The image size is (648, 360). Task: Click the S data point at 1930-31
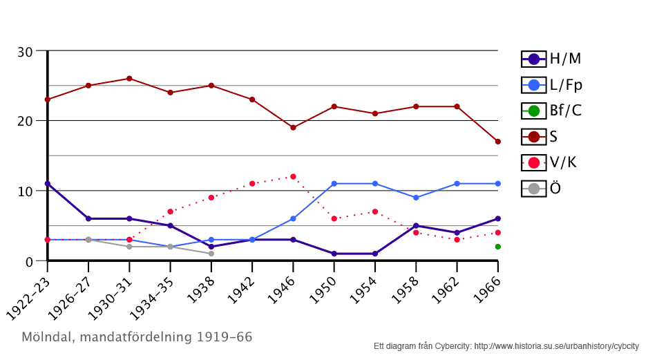tap(129, 78)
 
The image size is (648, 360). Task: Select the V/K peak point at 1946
tap(293, 176)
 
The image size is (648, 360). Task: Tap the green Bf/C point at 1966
tap(497, 247)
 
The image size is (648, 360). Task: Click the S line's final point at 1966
tap(497, 141)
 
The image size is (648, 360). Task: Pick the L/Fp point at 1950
tap(334, 183)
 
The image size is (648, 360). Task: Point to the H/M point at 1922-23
tap(47, 183)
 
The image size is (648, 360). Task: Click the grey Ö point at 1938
tap(211, 254)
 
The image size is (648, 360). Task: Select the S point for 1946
tap(293, 127)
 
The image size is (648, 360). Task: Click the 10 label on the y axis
tap(25, 191)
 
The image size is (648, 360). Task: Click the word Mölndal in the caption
tap(48, 338)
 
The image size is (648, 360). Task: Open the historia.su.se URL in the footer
tap(556, 346)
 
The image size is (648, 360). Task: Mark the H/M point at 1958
tap(416, 225)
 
